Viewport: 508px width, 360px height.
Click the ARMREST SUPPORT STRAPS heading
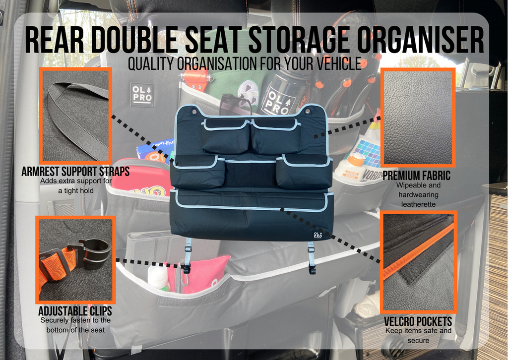(75, 171)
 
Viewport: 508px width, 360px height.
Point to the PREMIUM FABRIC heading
(417, 176)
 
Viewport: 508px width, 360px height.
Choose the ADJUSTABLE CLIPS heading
(75, 311)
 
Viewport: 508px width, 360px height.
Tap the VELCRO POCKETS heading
(418, 321)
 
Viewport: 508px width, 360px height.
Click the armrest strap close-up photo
(75, 116)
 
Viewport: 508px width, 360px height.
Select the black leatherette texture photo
(418, 117)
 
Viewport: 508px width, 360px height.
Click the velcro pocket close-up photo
(419, 262)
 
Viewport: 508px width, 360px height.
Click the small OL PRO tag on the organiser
(318, 235)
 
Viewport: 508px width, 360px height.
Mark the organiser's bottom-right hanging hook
(312, 268)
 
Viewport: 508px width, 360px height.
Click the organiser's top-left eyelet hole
(194, 112)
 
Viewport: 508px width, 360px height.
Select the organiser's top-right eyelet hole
(308, 112)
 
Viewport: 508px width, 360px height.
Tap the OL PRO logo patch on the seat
(142, 95)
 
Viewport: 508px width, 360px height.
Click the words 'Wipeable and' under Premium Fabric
(418, 185)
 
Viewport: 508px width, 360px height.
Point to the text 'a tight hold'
(76, 191)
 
